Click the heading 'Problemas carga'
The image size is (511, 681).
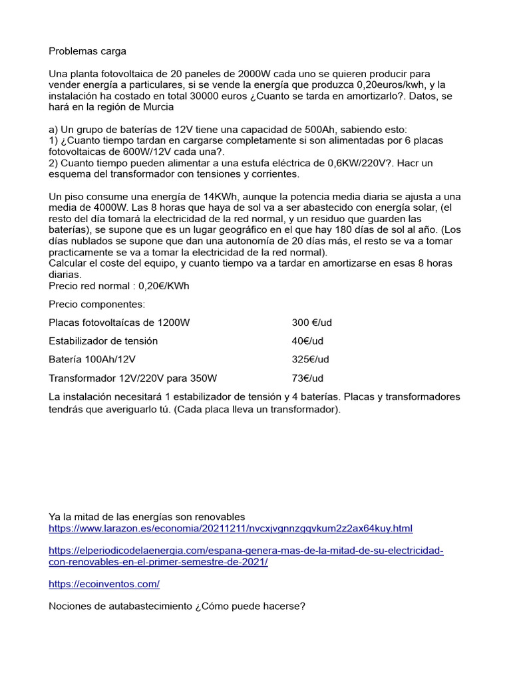coord(87,51)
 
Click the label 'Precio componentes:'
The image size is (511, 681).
coord(96,304)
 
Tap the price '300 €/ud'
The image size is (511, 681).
coord(311,323)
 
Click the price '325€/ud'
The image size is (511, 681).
coord(310,360)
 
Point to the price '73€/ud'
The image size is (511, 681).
coord(307,378)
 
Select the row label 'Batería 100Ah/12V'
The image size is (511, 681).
coord(92,360)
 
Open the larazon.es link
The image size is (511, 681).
coord(231,529)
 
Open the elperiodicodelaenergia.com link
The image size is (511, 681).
coord(246,551)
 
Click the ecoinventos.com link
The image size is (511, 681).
coord(104,584)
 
